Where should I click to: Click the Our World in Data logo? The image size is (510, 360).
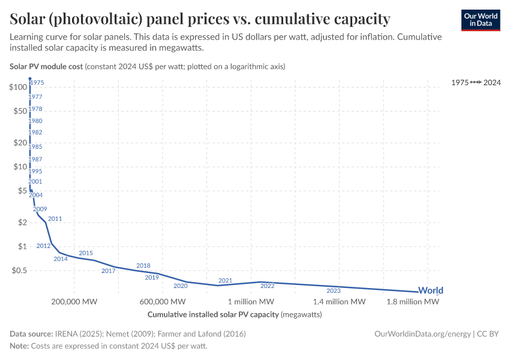click(480, 20)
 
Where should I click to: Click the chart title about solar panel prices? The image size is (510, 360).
click(200, 19)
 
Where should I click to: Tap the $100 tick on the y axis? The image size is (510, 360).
click(18, 87)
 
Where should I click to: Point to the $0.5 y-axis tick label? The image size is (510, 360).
click(18, 271)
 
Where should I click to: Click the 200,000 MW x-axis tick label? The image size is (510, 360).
click(74, 301)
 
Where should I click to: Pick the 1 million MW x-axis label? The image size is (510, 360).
click(251, 301)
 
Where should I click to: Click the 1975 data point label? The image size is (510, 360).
click(37, 82)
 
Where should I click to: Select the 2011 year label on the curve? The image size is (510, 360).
click(55, 218)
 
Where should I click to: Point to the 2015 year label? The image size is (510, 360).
click(86, 253)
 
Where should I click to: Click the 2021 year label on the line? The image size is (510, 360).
click(225, 280)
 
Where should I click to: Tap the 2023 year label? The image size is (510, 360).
click(334, 290)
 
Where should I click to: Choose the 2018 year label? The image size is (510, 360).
click(143, 265)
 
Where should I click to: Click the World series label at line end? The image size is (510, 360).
click(430, 290)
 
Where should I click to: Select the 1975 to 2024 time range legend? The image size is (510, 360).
click(476, 82)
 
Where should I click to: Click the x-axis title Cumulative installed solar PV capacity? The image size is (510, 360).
click(213, 314)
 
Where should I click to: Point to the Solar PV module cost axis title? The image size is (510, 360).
click(46, 66)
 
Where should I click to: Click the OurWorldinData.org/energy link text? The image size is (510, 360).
click(422, 334)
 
